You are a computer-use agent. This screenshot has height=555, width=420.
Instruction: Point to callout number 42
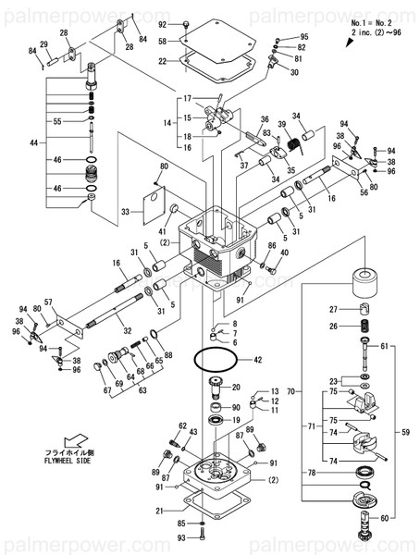pyautogui.click(x=257, y=359)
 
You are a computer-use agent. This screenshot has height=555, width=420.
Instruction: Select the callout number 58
pyautogui.click(x=163, y=43)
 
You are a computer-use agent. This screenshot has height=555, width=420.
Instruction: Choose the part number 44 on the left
pyautogui.click(x=35, y=143)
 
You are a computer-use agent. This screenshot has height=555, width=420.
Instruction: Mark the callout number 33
pyautogui.click(x=125, y=212)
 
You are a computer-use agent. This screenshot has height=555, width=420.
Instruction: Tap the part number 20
pyautogui.click(x=236, y=387)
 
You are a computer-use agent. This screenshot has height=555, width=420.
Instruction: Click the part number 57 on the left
pyautogui.click(x=48, y=302)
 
